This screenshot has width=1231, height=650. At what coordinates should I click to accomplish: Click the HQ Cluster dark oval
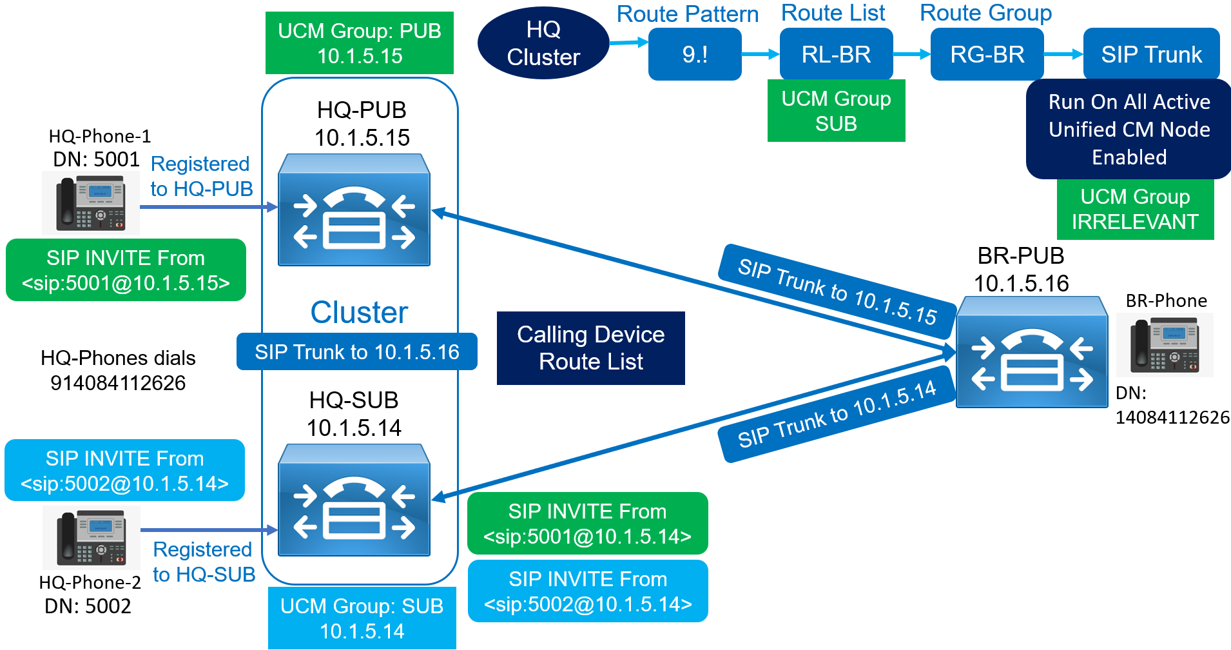pyautogui.click(x=543, y=43)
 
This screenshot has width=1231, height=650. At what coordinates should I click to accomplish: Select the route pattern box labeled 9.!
pyautogui.click(x=694, y=54)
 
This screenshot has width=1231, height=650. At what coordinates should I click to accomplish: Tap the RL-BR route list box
pyautogui.click(x=836, y=54)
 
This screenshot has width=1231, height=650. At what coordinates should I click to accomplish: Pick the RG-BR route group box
pyautogui.click(x=987, y=54)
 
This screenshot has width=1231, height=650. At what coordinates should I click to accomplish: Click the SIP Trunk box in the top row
pyautogui.click(x=1151, y=54)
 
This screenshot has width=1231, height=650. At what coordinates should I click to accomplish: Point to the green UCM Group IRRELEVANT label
pyautogui.click(x=1135, y=209)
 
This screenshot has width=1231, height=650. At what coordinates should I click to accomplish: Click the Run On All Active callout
pyautogui.click(x=1129, y=129)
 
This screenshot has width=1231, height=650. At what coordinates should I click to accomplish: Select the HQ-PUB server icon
pyautogui.click(x=354, y=210)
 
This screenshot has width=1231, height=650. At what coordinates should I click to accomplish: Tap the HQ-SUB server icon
pyautogui.click(x=354, y=500)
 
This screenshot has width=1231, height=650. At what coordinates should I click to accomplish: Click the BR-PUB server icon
pyautogui.click(x=1031, y=353)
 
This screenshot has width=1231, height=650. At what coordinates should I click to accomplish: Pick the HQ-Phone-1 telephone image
pyautogui.click(x=91, y=203)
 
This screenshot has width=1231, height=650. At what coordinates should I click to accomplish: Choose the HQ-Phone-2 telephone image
pyautogui.click(x=91, y=537)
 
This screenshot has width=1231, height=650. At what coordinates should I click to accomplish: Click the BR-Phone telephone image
pyautogui.click(x=1165, y=345)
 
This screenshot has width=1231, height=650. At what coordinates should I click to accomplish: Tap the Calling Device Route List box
pyautogui.click(x=590, y=348)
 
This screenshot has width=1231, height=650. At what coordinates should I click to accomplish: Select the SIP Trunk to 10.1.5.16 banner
pyautogui.click(x=356, y=352)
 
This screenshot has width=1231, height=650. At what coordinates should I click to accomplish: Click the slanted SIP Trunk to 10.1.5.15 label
pyautogui.click(x=837, y=291)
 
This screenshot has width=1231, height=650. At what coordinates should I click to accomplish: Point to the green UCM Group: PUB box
pyautogui.click(x=359, y=43)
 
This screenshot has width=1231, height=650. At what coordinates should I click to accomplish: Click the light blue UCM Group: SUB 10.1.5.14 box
pyautogui.click(x=362, y=618)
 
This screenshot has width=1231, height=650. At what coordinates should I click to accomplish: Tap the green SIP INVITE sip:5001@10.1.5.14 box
pyautogui.click(x=587, y=524)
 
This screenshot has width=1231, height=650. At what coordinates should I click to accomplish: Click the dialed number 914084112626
pyautogui.click(x=118, y=383)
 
